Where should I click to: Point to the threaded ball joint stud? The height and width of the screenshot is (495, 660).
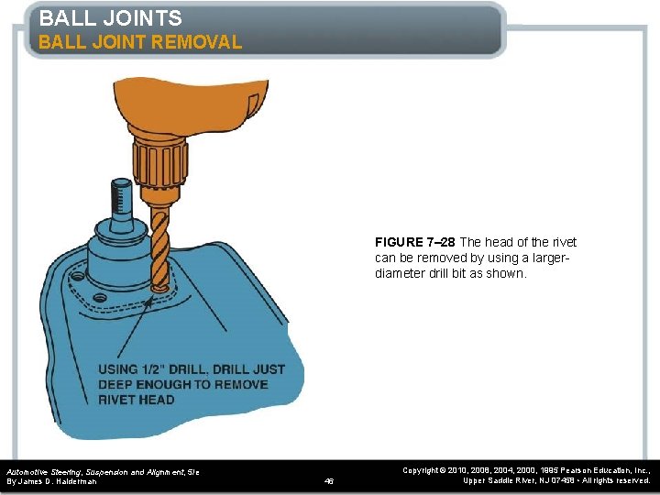(120, 196)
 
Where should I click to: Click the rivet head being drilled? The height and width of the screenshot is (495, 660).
(159, 288)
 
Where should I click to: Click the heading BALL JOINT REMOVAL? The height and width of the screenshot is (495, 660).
(140, 42)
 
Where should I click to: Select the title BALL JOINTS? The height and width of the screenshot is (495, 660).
(111, 17)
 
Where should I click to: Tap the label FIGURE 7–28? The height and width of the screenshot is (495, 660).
(415, 242)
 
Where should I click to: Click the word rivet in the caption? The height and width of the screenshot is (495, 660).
(561, 242)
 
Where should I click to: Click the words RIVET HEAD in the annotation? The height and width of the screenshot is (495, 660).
(137, 400)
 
